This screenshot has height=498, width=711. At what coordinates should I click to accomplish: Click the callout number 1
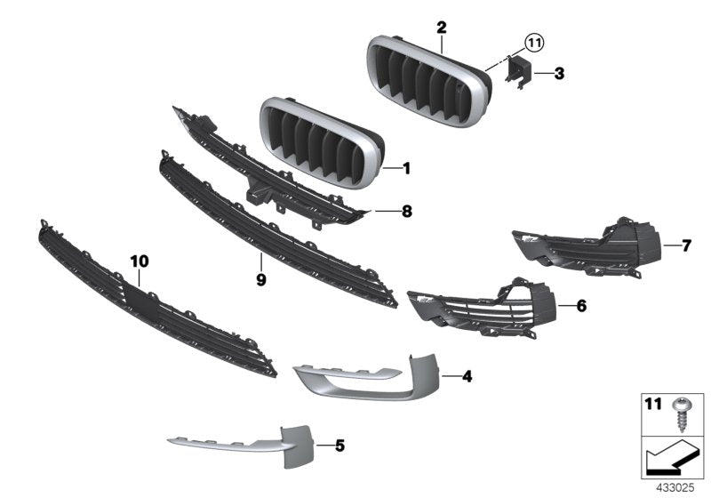pos(406,167)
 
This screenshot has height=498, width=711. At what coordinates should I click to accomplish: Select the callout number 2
pos(441,28)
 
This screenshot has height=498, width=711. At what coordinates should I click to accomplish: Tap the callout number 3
pos(558,75)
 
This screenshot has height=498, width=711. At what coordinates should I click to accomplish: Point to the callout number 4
pos(467,376)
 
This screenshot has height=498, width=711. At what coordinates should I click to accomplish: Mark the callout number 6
pos(581,306)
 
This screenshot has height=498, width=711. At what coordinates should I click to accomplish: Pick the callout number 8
pos(407,212)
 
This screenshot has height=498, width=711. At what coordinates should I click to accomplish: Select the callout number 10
pos(140,261)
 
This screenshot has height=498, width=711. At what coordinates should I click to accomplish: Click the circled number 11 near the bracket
pos(532,41)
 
